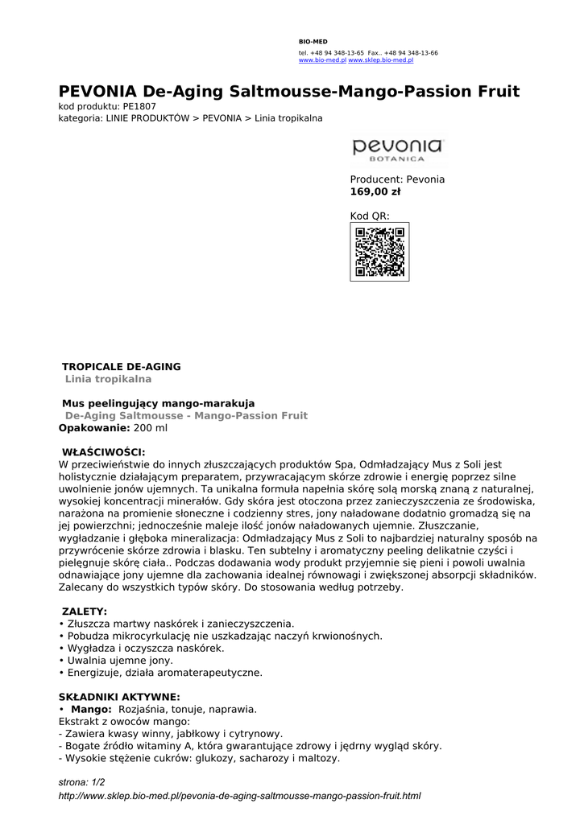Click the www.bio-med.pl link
[322, 60]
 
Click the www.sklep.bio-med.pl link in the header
[380, 60]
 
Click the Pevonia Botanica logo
[397, 150]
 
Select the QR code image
[379, 252]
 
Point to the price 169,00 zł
[375, 192]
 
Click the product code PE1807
[139, 106]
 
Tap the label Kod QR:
[370, 216]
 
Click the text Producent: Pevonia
[397, 179]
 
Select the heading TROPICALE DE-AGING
[122, 367]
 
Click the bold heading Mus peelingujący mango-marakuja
[159, 403]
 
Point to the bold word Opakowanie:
[94, 428]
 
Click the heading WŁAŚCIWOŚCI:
[104, 452]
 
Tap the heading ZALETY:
[85, 612]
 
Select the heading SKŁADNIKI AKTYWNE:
[119, 697]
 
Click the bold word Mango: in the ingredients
[91, 709]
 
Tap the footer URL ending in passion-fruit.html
[240, 796]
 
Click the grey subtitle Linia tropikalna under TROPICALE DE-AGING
[108, 379]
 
